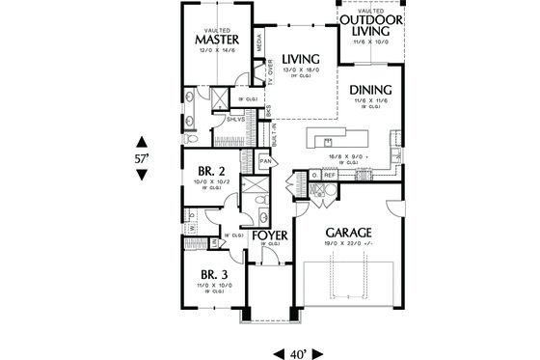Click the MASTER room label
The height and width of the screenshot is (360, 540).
216,40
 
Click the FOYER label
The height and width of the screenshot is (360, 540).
269,235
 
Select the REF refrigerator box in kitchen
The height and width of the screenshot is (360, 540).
328,175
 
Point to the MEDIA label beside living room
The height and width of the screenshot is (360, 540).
258,42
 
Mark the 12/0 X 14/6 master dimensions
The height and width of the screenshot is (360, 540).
216,49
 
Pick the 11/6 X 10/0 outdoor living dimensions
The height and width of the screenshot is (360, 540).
372,42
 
